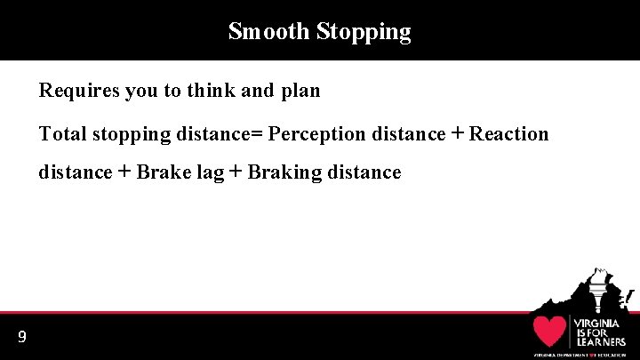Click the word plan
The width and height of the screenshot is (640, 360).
point(300,91)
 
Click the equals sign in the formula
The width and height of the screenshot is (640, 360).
point(258,134)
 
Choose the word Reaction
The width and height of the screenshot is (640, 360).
point(508,134)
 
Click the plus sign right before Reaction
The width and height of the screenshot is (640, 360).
point(457,133)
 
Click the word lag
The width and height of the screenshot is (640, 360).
point(204,173)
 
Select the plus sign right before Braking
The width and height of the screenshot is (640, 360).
point(236,172)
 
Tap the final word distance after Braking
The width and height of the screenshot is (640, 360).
point(364,172)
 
